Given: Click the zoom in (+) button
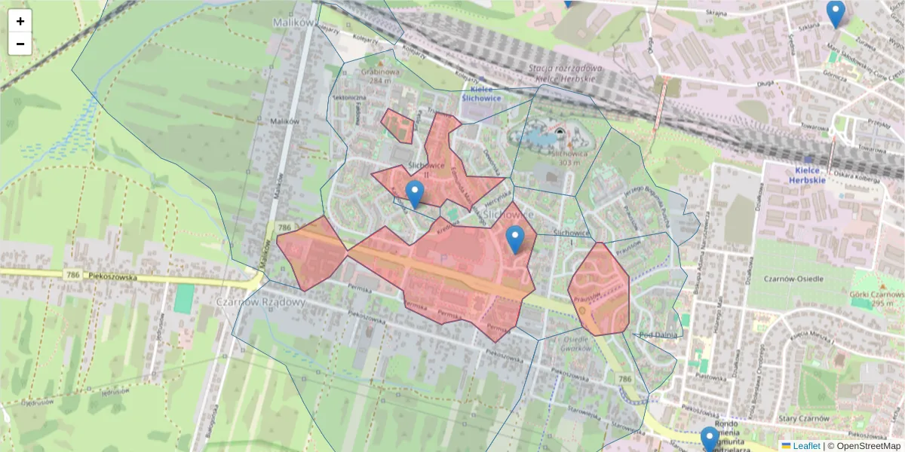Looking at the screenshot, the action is [20, 21].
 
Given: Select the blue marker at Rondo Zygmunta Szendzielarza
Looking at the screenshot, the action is [709, 438].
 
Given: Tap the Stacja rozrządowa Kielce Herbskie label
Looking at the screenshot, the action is [566, 73].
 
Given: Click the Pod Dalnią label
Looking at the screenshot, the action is [655, 334].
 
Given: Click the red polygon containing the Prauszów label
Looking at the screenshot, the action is [600, 290].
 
